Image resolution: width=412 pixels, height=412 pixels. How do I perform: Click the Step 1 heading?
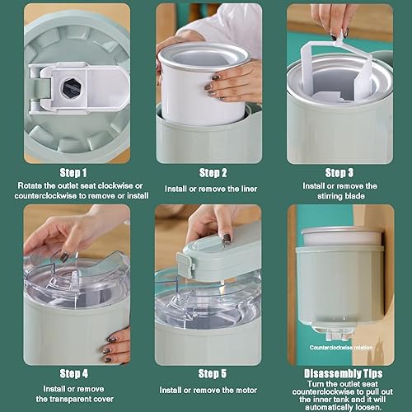(73, 173)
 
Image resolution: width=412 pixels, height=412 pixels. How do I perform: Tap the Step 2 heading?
(213, 173)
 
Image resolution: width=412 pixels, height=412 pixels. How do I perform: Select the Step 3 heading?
(339, 173)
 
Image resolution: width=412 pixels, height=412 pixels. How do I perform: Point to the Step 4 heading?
(74, 374)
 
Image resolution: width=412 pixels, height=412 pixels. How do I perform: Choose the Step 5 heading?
(213, 374)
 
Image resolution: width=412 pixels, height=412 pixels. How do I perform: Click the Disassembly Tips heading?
(343, 374)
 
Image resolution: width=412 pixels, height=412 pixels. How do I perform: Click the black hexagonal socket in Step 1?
(72, 87)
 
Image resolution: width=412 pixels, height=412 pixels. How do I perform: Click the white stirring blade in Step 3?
(338, 68)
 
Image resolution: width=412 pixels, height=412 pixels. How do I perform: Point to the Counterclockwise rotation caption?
(341, 348)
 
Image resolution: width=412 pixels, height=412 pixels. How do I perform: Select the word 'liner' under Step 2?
(249, 189)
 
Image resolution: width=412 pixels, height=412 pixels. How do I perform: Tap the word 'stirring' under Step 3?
(330, 196)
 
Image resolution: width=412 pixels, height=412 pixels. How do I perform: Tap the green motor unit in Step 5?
(220, 258)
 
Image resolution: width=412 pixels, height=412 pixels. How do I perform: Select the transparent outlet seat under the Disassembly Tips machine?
(335, 330)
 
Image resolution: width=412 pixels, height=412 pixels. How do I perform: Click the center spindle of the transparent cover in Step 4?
(75, 278)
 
